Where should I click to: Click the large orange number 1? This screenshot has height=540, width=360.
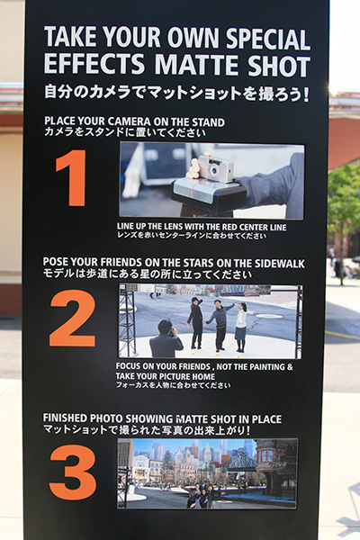[x=73, y=177]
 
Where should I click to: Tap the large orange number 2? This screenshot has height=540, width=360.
[x=72, y=319]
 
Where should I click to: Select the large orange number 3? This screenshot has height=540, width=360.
[x=73, y=472]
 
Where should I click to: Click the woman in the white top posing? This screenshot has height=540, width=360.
[x=242, y=328]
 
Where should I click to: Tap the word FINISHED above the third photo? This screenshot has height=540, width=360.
[x=65, y=418]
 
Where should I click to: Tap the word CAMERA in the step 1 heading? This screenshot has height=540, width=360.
[x=130, y=122]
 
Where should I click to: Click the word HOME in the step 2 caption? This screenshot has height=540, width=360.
[x=204, y=376]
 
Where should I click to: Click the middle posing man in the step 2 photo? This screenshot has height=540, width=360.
[x=219, y=325]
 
